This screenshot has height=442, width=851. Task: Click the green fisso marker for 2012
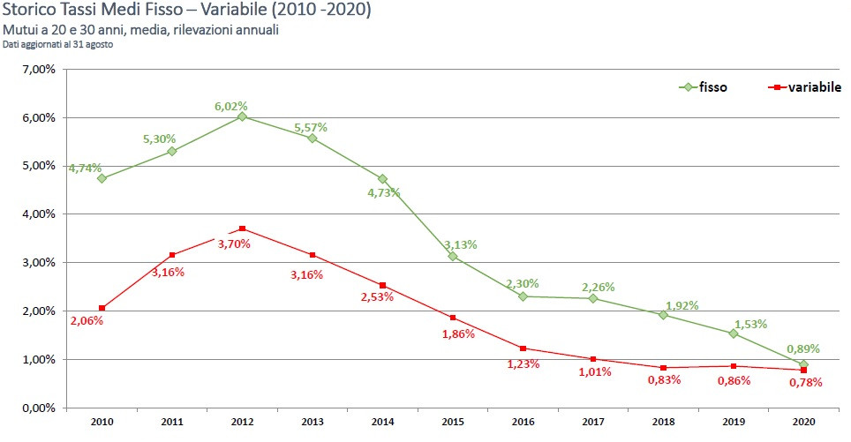(x=242, y=116)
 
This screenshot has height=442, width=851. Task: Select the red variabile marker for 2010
(x=102, y=308)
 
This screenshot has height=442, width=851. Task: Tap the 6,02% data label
(x=231, y=106)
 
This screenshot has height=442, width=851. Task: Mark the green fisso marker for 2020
(x=803, y=364)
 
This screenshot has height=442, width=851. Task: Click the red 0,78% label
(x=805, y=382)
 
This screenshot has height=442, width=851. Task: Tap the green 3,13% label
(x=460, y=243)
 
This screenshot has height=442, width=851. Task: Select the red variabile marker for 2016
(x=523, y=348)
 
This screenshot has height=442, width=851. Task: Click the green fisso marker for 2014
(x=382, y=179)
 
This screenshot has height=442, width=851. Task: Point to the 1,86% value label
(x=458, y=333)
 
